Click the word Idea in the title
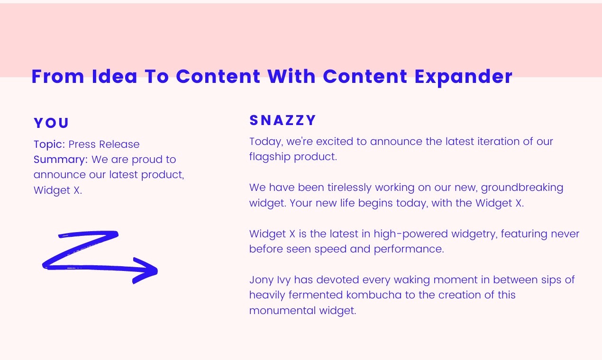115,77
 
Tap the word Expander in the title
464,78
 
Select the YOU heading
51,123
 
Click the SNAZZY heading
283,120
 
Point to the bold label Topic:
49,144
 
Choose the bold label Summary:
61,160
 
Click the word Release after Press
119,144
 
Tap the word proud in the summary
147,160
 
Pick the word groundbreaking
522,188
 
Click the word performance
409,249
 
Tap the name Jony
262,280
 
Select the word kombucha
374,295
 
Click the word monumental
283,311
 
